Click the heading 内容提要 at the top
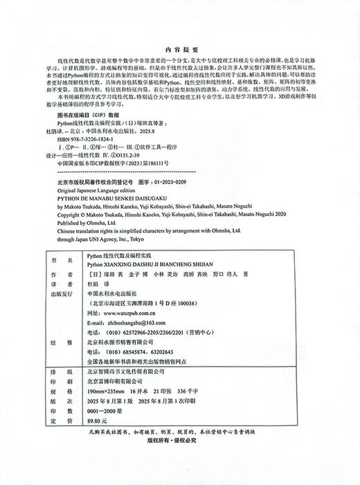(x=179, y=51)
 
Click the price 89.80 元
(x=98, y=419)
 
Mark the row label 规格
(x=66, y=390)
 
